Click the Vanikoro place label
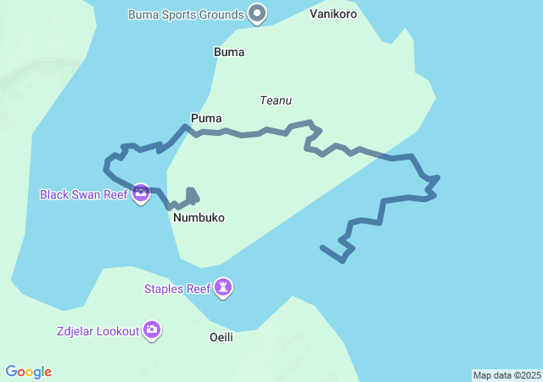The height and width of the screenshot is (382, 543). pyautogui.click(x=333, y=14)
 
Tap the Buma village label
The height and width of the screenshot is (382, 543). pyautogui.click(x=229, y=52)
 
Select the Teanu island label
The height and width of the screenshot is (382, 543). pyautogui.click(x=276, y=100)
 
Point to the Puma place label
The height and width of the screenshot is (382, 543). pyautogui.click(x=206, y=118)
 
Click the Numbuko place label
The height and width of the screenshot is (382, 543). pyautogui.click(x=199, y=217)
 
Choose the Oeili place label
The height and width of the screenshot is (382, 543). pyautogui.click(x=221, y=337)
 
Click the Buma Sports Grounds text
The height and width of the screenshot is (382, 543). pyautogui.click(x=186, y=14)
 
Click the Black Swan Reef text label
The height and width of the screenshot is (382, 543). pyautogui.click(x=83, y=194)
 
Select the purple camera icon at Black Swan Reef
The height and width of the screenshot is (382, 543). pyautogui.click(x=141, y=194)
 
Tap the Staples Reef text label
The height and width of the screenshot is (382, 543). pyautogui.click(x=177, y=289)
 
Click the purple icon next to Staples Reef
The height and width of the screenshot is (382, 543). pyautogui.click(x=222, y=289)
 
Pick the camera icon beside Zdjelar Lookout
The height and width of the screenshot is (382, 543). pyautogui.click(x=152, y=330)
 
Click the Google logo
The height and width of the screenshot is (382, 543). pyautogui.click(x=29, y=372)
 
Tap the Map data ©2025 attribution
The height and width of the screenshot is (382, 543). pyautogui.click(x=507, y=375)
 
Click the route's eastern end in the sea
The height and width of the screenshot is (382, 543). pyautogui.click(x=322, y=247)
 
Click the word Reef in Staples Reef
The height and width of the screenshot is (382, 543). pyautogui.click(x=198, y=289)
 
